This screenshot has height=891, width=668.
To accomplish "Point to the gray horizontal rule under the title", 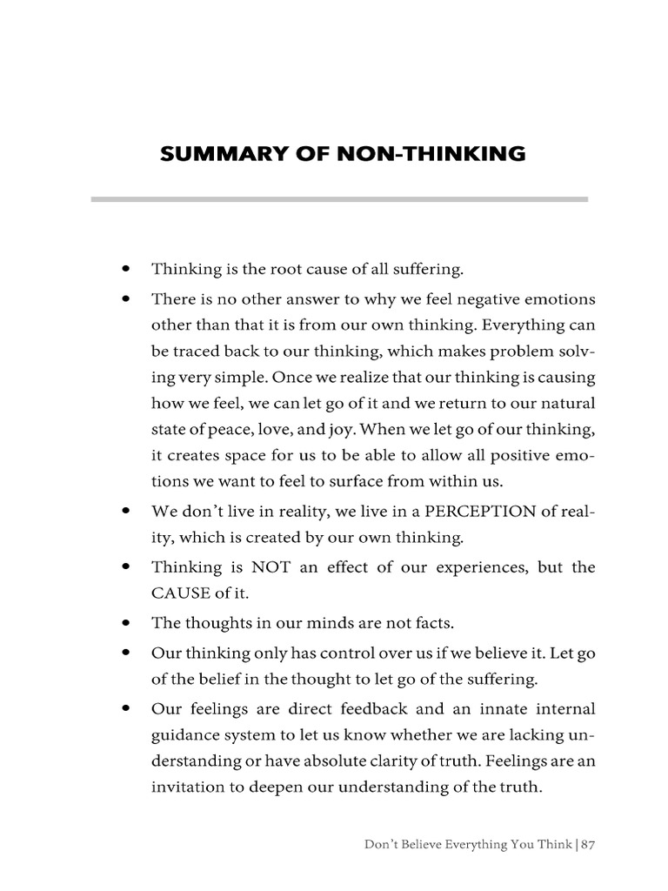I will click(339, 199).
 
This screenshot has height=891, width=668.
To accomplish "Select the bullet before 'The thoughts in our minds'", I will click(127, 623).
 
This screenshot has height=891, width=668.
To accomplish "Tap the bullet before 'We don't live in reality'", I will click(127, 511).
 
